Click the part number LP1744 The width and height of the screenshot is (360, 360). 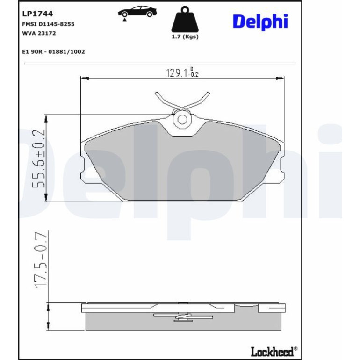point(37,14)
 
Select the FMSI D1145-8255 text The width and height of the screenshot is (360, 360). point(48,24)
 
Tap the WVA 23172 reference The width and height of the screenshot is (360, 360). point(39,33)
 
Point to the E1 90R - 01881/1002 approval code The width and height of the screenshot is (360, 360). point(53,51)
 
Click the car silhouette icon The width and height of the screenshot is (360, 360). point(137,13)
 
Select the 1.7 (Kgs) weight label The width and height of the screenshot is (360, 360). point(185,37)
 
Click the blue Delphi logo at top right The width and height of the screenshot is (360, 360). point(260,22)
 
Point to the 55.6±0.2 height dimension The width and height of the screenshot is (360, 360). point(38,159)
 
